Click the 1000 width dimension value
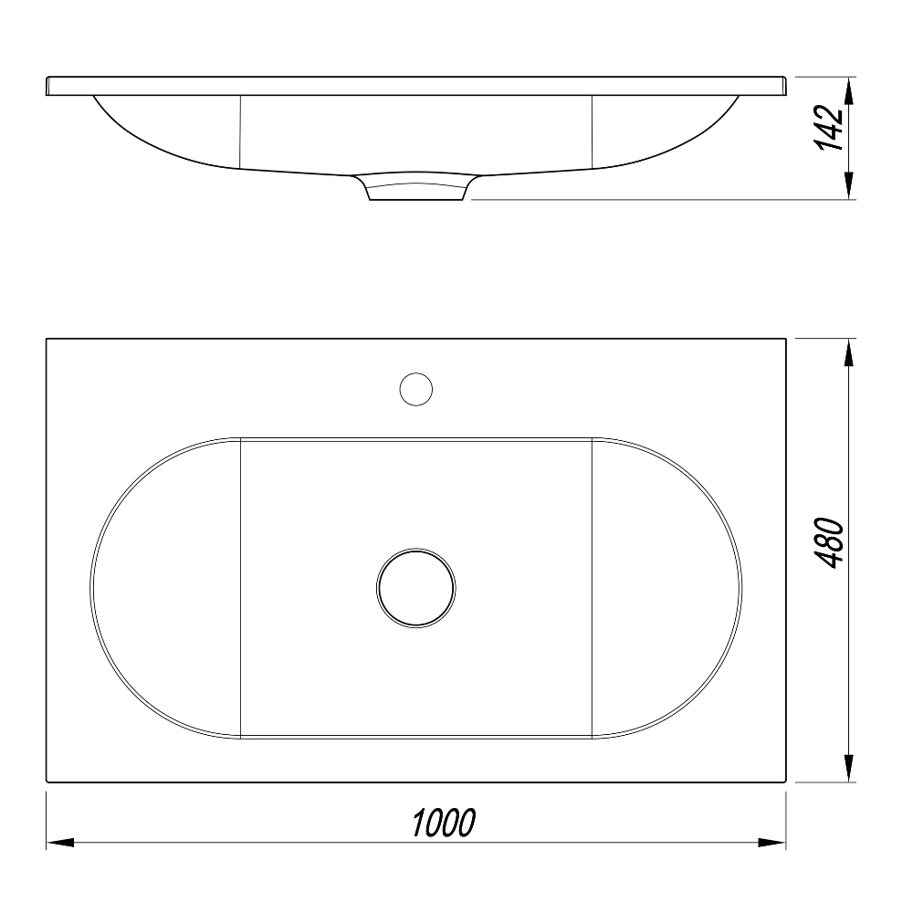click(444, 823)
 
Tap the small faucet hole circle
click(415, 389)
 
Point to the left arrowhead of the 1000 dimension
click(60, 842)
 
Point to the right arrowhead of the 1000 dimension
click(772, 842)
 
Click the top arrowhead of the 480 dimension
click(849, 352)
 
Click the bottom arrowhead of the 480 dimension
click(849, 768)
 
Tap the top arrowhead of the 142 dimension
click(849, 90)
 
